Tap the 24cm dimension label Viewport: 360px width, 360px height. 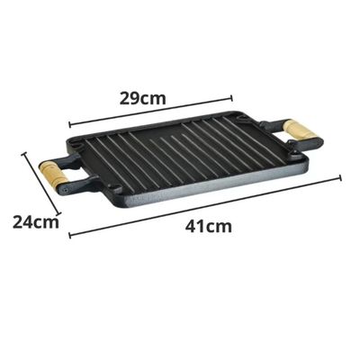coord(36,222)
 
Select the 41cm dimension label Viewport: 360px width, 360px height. coord(209,227)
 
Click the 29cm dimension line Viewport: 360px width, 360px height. coord(150,111)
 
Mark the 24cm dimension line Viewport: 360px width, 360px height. coord(41,184)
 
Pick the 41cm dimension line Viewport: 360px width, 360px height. coord(205,206)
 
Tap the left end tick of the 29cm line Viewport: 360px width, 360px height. coord(69,124)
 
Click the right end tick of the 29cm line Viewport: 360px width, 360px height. coord(231,98)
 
